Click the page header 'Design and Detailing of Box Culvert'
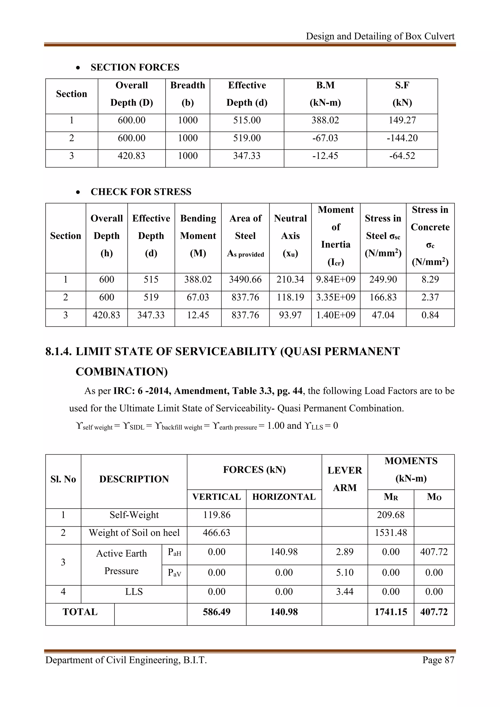pyautogui.click(x=380, y=36)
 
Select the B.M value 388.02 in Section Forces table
pyautogui.click(x=325, y=120)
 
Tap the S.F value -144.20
pyautogui.click(x=402, y=138)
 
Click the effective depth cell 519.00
pyautogui.click(x=247, y=138)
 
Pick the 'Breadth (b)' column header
pyautogui.click(x=187, y=94)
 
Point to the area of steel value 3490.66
pyautogui.click(x=245, y=280)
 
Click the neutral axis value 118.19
pyautogui.click(x=290, y=297)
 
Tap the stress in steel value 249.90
pyautogui.click(x=383, y=280)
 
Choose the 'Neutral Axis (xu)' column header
pyautogui.click(x=290, y=236)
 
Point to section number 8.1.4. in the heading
pyautogui.click(x=59, y=351)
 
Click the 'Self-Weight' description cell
pyautogui.click(x=134, y=515)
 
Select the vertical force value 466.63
pyautogui.click(x=217, y=533)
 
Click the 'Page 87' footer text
pyautogui.click(x=438, y=660)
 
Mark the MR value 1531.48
pyautogui.click(x=391, y=533)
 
